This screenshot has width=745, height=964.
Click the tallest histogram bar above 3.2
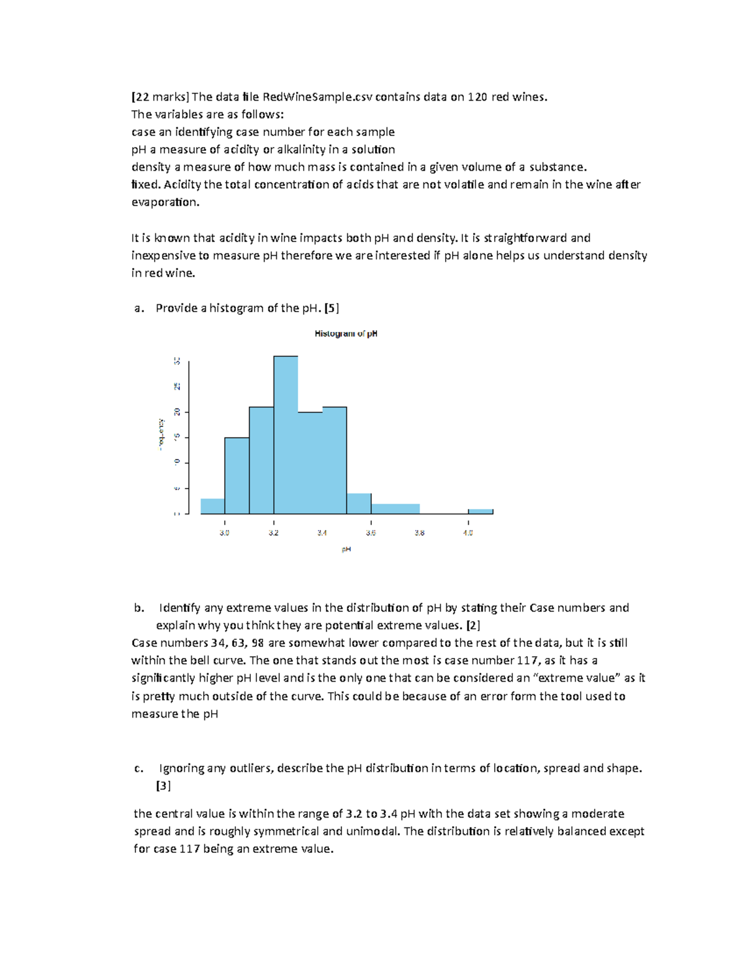coord(286,435)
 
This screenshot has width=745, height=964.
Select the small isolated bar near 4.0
coord(481,511)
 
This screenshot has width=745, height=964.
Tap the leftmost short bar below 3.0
coord(212,506)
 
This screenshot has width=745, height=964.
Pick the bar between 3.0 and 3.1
coord(237,475)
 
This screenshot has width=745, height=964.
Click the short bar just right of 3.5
coord(359,503)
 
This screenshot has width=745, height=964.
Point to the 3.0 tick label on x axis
coord(225,533)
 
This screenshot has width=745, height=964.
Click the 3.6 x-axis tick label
coord(371,533)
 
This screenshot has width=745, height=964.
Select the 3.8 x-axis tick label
coord(420,533)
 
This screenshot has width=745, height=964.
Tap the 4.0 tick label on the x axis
coord(468,533)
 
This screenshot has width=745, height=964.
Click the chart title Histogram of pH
coord(346,334)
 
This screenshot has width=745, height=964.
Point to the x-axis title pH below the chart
coord(346,549)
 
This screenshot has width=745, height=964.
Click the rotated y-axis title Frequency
coord(161,435)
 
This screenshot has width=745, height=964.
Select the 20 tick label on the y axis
coord(177,412)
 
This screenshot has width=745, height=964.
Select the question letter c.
coord(138,768)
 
